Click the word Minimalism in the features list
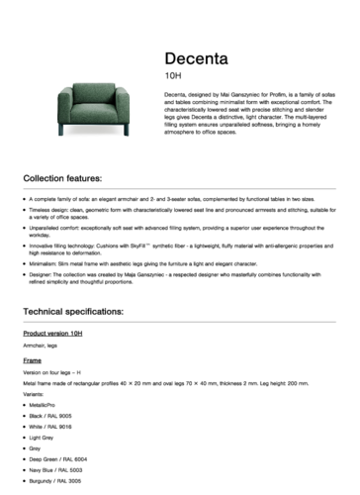[46, 265]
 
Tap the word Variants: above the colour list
[36, 393]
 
